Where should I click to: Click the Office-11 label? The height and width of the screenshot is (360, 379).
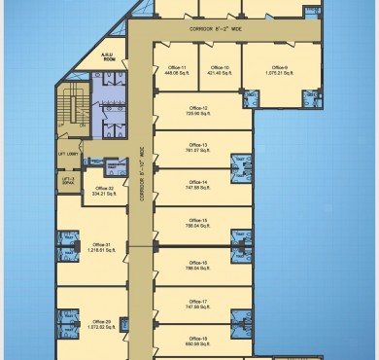(x=176, y=66)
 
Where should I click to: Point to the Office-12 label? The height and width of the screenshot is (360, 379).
(x=198, y=108)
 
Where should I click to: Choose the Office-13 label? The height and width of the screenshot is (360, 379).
(x=198, y=145)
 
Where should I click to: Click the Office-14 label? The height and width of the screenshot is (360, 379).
(x=198, y=182)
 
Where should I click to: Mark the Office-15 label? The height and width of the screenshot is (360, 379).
(x=198, y=220)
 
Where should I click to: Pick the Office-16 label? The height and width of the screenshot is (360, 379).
(x=198, y=263)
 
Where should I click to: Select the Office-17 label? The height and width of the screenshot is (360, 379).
(x=198, y=302)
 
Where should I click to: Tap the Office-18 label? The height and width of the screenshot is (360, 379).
(x=198, y=338)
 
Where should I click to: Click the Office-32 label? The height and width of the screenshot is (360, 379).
(x=104, y=188)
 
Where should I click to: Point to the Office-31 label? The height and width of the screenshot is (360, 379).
(x=101, y=244)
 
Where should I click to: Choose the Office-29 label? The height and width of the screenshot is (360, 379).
(x=101, y=320)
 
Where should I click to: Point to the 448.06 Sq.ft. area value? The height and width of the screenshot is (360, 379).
(x=176, y=72)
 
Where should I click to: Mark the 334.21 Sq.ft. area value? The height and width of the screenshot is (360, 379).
(x=104, y=194)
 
